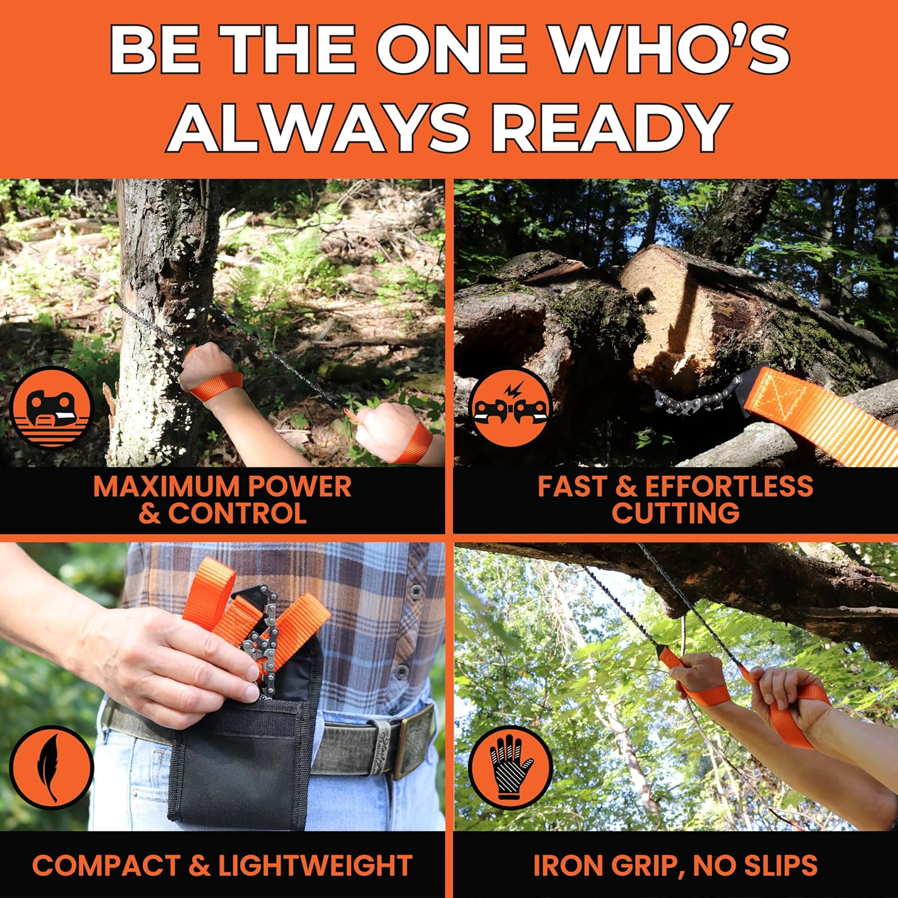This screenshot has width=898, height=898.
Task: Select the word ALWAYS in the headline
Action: (x=317, y=127)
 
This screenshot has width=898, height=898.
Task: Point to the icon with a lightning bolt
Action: (x=510, y=407)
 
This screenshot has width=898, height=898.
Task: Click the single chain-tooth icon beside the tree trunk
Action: (x=51, y=407)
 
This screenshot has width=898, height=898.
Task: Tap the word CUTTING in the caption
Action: (x=675, y=514)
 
